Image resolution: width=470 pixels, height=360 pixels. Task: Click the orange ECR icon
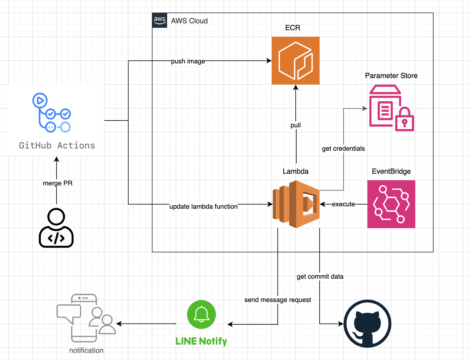[x=295, y=61]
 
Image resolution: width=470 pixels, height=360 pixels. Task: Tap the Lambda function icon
[x=296, y=204]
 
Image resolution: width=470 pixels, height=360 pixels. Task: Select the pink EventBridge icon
[x=391, y=204]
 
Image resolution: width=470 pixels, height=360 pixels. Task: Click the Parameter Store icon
[x=391, y=108]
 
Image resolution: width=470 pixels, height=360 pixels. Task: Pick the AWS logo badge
[x=160, y=20]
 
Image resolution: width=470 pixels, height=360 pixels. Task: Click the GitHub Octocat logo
[x=367, y=324]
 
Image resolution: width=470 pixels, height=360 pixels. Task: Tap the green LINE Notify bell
[x=201, y=314]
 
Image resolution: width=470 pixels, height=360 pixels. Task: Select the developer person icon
[x=56, y=228]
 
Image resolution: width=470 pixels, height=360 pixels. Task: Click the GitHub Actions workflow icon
[x=51, y=113]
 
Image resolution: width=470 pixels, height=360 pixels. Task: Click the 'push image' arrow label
[x=188, y=61]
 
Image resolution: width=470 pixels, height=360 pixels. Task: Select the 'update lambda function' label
[x=204, y=207]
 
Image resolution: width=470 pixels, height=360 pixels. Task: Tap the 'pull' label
[x=296, y=125]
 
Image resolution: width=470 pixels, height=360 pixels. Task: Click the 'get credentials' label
[x=343, y=149]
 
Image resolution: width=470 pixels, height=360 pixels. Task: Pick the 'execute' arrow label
[x=343, y=204]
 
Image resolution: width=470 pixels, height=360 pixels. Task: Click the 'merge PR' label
[x=58, y=183]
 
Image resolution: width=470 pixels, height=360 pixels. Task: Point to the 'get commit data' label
[x=320, y=277]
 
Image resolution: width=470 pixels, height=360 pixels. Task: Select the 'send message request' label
[x=278, y=300]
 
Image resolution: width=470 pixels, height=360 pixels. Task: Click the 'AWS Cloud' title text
[x=189, y=21]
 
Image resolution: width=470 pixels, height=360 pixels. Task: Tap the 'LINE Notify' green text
[x=201, y=341]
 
